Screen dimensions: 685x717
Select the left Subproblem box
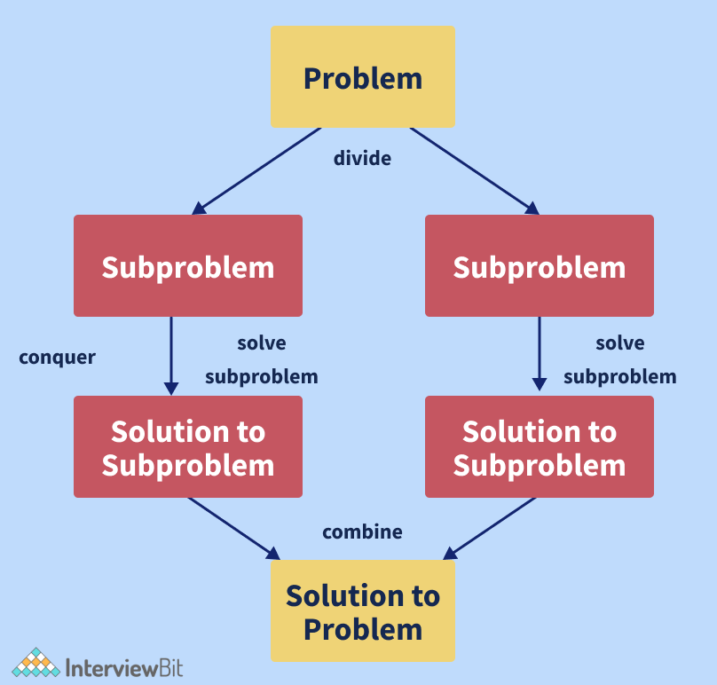187,266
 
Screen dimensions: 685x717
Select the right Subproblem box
539,266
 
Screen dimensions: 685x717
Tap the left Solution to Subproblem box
187,447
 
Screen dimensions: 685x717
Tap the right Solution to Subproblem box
539,447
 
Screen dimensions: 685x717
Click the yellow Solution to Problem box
362,611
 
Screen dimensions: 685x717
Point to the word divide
362,159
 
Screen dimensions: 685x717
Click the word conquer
57,358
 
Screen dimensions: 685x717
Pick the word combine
362,532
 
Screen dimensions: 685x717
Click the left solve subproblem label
261,359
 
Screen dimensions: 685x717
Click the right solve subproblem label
619,359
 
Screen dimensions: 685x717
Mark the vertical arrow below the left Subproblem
171,355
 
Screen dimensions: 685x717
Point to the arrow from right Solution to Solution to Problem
490,527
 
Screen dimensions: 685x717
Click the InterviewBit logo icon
35,665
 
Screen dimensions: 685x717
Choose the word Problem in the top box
362,78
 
